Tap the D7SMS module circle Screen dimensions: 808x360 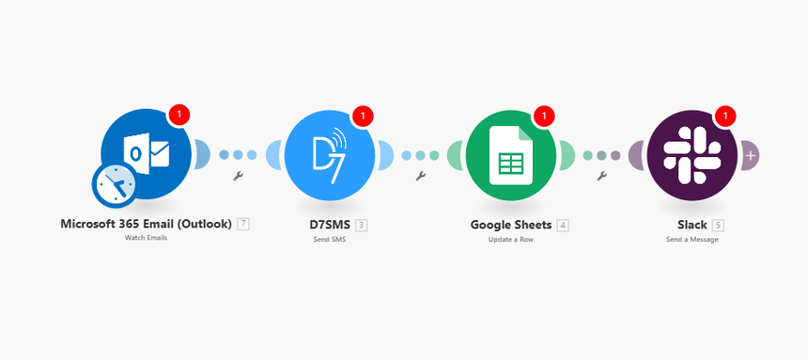[329, 154]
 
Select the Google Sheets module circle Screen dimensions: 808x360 [510, 154]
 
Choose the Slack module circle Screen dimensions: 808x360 [691, 154]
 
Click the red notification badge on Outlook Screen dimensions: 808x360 [180, 116]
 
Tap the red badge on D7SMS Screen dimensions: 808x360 [362, 116]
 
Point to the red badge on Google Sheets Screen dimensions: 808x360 [543, 116]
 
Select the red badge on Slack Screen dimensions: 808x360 [724, 116]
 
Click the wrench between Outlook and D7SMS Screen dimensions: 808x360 [239, 176]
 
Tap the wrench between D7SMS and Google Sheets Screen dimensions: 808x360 [420, 176]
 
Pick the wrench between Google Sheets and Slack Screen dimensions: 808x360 [601, 176]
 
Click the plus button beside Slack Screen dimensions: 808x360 [750, 154]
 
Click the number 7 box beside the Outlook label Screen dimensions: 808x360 [243, 225]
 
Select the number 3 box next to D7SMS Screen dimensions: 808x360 [362, 225]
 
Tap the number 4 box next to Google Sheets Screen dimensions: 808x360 [562, 225]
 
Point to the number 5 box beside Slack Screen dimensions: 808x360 [718, 225]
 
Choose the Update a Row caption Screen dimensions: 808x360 [510, 239]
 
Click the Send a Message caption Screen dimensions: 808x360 [691, 239]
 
